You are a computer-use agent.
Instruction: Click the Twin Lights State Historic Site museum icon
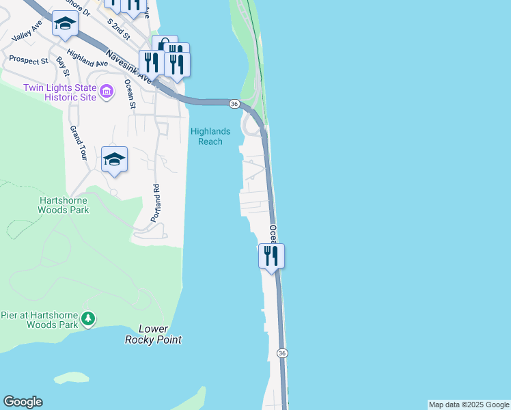[x=106, y=91]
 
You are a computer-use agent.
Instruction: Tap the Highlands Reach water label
[x=210, y=136]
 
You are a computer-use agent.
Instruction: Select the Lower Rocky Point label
[x=154, y=334]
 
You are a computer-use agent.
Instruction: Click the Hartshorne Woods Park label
[x=64, y=204]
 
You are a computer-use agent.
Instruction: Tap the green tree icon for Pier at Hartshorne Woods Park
[x=87, y=318]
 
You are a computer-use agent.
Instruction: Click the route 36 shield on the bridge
[x=234, y=104]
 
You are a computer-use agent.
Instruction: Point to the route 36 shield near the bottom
[x=281, y=353]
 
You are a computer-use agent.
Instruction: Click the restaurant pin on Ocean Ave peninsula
[x=271, y=256]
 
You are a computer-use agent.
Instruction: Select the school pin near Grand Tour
[x=114, y=160]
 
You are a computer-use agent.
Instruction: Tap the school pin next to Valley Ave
[x=65, y=25]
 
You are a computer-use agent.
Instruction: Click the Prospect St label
[x=28, y=60]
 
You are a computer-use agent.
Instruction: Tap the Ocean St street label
[x=129, y=94]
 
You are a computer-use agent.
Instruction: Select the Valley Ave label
[x=27, y=29]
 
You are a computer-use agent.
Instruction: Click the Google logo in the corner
[x=23, y=402]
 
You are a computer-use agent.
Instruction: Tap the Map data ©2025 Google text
[x=469, y=405]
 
